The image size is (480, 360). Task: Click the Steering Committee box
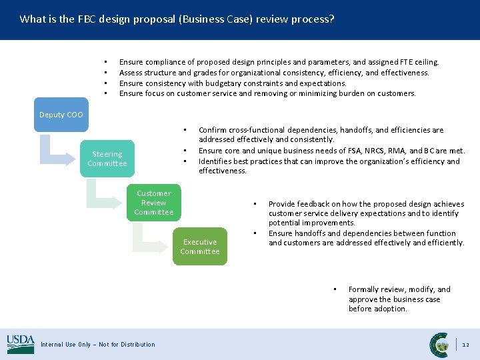(x=107, y=159)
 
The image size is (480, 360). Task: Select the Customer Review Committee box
(x=153, y=203)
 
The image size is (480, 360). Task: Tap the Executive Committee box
(x=200, y=247)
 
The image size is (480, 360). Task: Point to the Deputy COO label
(x=61, y=115)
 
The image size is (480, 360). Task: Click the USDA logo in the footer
(x=20, y=344)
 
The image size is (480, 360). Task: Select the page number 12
(x=466, y=345)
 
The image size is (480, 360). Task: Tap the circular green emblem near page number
(x=440, y=344)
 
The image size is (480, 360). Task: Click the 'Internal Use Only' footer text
(x=97, y=345)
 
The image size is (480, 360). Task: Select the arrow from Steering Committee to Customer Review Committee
(x=103, y=193)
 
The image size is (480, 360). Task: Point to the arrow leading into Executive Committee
(x=150, y=239)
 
